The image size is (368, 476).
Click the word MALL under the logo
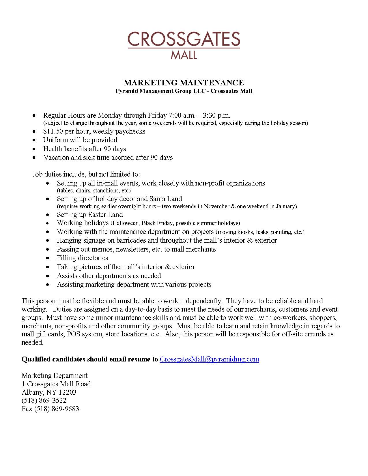point(184,55)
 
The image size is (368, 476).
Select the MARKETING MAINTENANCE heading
point(184,83)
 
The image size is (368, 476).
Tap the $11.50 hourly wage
point(53,131)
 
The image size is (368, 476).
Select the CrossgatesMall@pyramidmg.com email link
point(209,359)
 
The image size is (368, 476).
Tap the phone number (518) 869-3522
point(44,400)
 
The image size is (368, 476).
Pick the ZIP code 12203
point(68,392)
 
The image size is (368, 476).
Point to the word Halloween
point(126,223)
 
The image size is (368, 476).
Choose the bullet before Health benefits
point(34,149)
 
